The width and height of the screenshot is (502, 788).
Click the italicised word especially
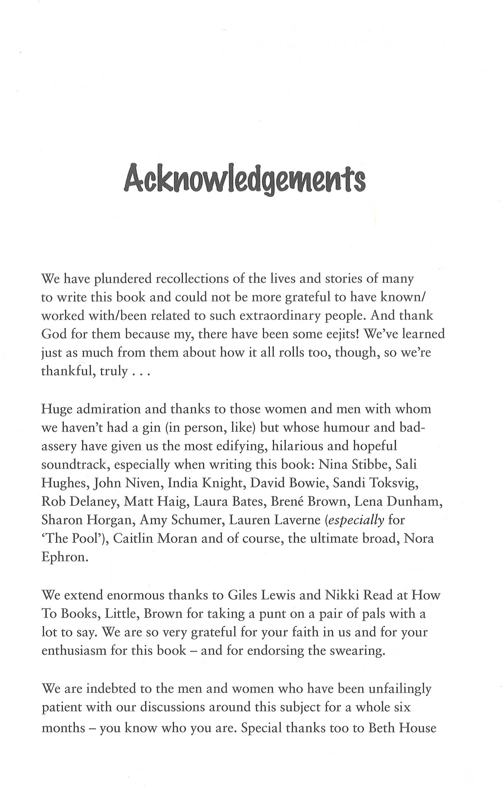[356, 520]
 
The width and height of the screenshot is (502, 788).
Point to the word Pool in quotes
[86, 539]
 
